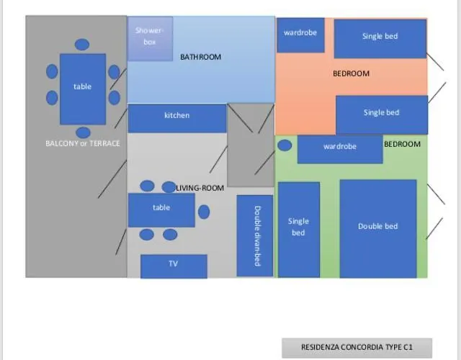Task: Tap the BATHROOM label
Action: pyautogui.click(x=200, y=57)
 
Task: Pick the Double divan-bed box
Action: pyautogui.click(x=256, y=235)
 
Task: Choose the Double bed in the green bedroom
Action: pyautogui.click(x=378, y=228)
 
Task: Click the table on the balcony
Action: pyautogui.click(x=83, y=88)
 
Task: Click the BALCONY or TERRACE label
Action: pyautogui.click(x=83, y=143)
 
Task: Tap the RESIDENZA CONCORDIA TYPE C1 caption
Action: pyautogui.click(x=357, y=347)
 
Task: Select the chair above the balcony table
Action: pyautogui.click(x=82, y=44)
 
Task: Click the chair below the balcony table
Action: pyautogui.click(x=83, y=132)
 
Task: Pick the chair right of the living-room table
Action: pyautogui.click(x=204, y=212)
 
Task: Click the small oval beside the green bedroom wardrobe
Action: pyautogui.click(x=285, y=145)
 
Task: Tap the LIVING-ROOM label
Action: pyautogui.click(x=201, y=188)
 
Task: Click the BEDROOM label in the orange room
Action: pyautogui.click(x=351, y=73)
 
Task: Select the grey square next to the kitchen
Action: pyautogui.click(x=251, y=145)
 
